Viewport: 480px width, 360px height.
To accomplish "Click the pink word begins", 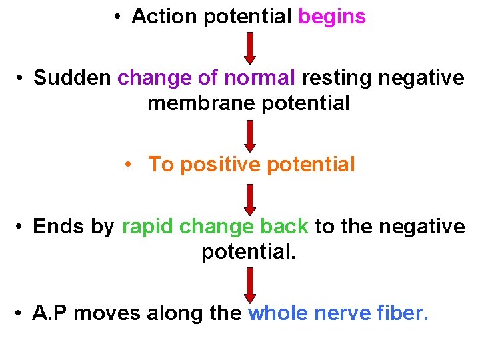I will coord(331,17).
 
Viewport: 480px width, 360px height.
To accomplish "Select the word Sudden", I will coord(73,78).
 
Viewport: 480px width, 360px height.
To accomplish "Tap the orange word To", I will coord(160,164).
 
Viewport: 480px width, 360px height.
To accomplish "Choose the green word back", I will coord(284,227).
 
